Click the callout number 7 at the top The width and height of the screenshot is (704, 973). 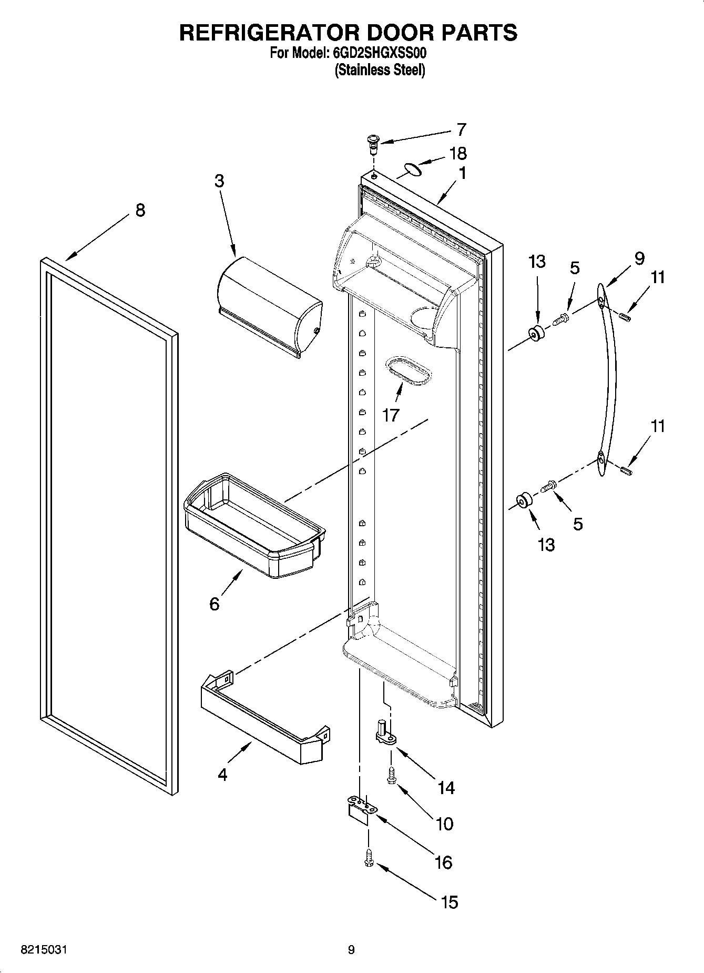(x=461, y=129)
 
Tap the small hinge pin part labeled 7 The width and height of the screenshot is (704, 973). (x=373, y=143)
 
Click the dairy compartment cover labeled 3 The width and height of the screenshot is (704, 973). (x=268, y=305)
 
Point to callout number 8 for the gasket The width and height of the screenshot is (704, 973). (x=139, y=210)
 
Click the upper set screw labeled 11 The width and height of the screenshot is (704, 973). (x=625, y=316)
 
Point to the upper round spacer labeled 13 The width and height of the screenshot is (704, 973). (x=536, y=334)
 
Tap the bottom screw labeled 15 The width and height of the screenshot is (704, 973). (x=369, y=859)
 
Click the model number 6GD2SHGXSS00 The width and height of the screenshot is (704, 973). (x=380, y=53)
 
